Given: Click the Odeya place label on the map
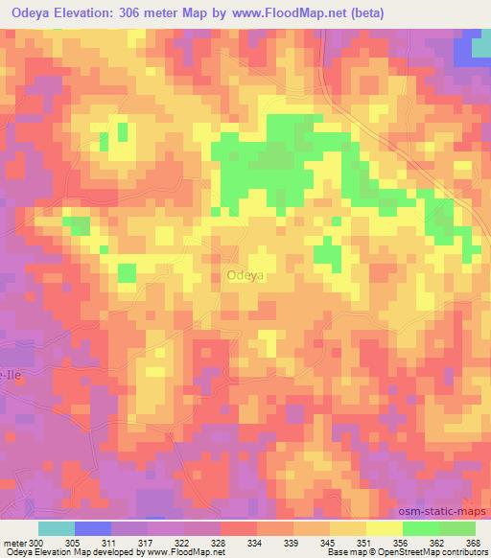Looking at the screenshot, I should pyautogui.click(x=245, y=275).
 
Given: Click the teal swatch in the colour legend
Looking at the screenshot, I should pyautogui.click(x=56, y=528).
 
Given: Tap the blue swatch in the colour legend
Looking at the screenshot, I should pyautogui.click(x=93, y=528).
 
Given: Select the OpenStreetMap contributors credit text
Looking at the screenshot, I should pyautogui.click(x=437, y=552).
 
